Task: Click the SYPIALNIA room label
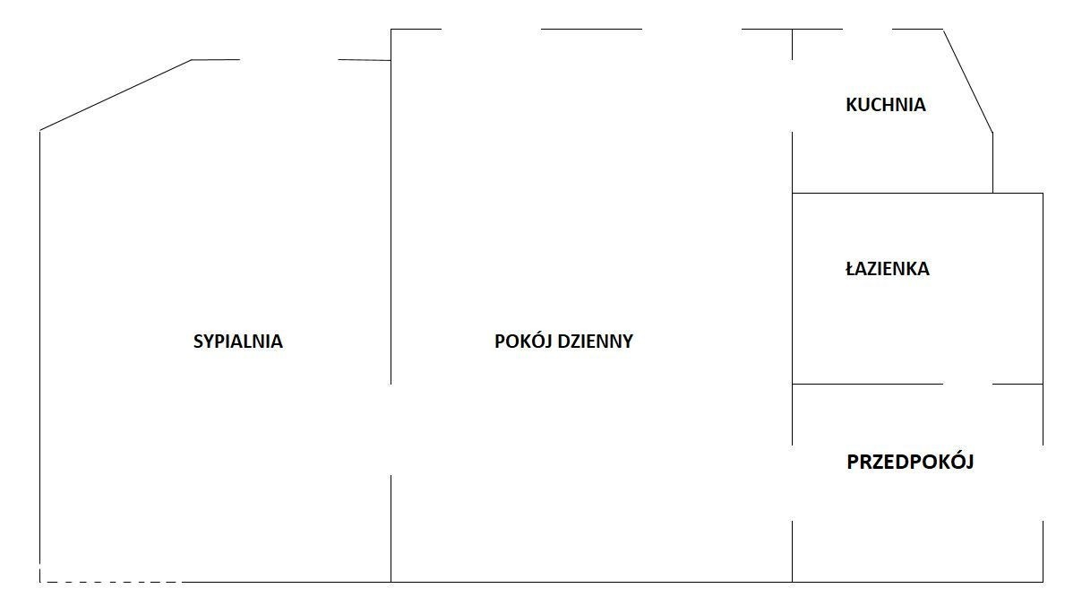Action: point(237,342)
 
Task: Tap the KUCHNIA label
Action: point(886,105)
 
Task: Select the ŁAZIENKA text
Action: point(888,269)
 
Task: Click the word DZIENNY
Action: point(595,342)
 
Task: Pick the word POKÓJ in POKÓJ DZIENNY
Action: point(524,341)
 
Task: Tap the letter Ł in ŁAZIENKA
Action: point(851,269)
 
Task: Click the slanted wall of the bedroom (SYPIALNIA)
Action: point(116,95)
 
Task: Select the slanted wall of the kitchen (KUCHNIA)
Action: point(968,81)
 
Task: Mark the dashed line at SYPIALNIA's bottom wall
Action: point(111,582)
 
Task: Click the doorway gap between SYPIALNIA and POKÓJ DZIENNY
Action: point(391,429)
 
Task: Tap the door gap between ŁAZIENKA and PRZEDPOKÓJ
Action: point(967,385)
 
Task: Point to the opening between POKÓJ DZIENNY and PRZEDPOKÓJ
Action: point(792,483)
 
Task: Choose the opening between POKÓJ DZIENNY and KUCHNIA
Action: point(792,96)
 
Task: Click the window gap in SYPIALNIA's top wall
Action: point(288,59)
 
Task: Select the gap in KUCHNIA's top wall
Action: point(867,29)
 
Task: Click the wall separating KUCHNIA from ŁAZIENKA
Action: point(893,193)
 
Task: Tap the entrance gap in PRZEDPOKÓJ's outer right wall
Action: point(1043,483)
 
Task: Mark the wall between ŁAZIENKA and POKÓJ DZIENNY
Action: point(792,289)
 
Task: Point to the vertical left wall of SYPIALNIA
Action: point(39,356)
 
